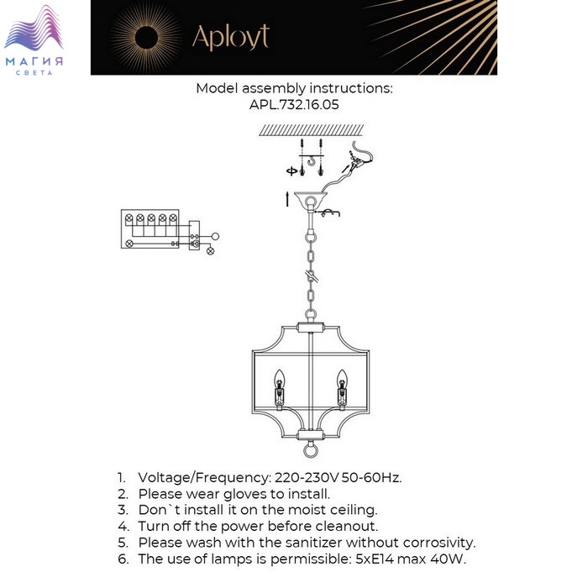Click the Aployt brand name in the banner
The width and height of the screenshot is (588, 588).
tap(231, 38)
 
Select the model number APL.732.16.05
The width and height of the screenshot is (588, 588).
tap(294, 105)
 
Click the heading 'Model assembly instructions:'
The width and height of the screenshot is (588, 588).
tap(294, 88)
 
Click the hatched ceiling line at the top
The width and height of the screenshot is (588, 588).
tap(311, 130)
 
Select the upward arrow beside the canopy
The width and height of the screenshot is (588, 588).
tap(288, 199)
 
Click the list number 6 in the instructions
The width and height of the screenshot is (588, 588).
tap(122, 559)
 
